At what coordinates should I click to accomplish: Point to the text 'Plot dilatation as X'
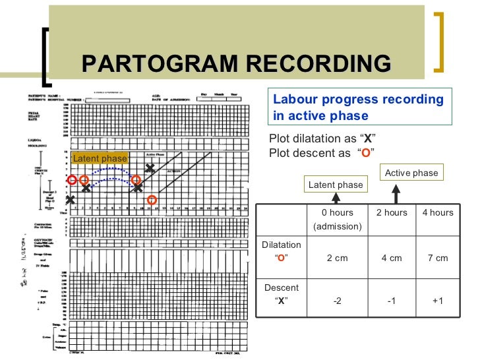click(319, 138)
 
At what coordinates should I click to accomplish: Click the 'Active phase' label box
click(411, 173)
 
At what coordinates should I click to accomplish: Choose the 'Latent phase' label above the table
click(336, 185)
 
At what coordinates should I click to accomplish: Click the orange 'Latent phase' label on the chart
click(100, 158)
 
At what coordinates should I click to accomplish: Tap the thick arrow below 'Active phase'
click(396, 194)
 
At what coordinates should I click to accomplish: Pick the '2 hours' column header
click(392, 212)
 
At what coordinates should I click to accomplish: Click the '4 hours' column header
click(438, 212)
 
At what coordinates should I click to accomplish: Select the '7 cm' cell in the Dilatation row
click(438, 258)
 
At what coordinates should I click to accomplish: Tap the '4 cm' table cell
click(392, 258)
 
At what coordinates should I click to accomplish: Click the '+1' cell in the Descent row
click(438, 301)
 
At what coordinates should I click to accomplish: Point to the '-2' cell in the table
click(337, 301)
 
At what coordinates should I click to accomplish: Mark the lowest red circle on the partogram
click(152, 200)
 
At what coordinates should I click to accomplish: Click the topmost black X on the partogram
click(150, 169)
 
